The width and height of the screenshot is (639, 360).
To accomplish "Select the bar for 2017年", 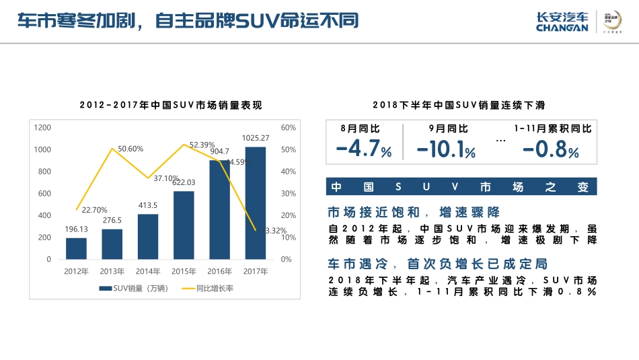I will [x=255, y=203].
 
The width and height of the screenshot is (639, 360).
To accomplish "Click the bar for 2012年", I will [x=76, y=248].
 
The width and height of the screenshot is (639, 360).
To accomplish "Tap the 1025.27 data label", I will [x=256, y=138].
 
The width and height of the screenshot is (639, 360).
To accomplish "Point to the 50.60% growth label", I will [x=130, y=149].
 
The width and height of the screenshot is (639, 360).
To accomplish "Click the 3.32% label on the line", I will [x=276, y=230].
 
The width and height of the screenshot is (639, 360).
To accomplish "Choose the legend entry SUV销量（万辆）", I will [x=135, y=288].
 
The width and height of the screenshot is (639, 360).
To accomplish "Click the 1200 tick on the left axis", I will [x=42, y=127].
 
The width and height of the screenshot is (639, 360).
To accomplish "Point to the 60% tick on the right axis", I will [x=288, y=127].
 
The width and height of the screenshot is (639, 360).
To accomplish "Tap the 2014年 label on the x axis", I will [x=148, y=271].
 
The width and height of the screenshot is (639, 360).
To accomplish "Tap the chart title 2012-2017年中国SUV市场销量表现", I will [x=170, y=105].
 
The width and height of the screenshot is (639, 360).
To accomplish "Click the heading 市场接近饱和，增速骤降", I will [x=413, y=213].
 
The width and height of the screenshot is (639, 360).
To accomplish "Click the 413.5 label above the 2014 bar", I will [x=148, y=205].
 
